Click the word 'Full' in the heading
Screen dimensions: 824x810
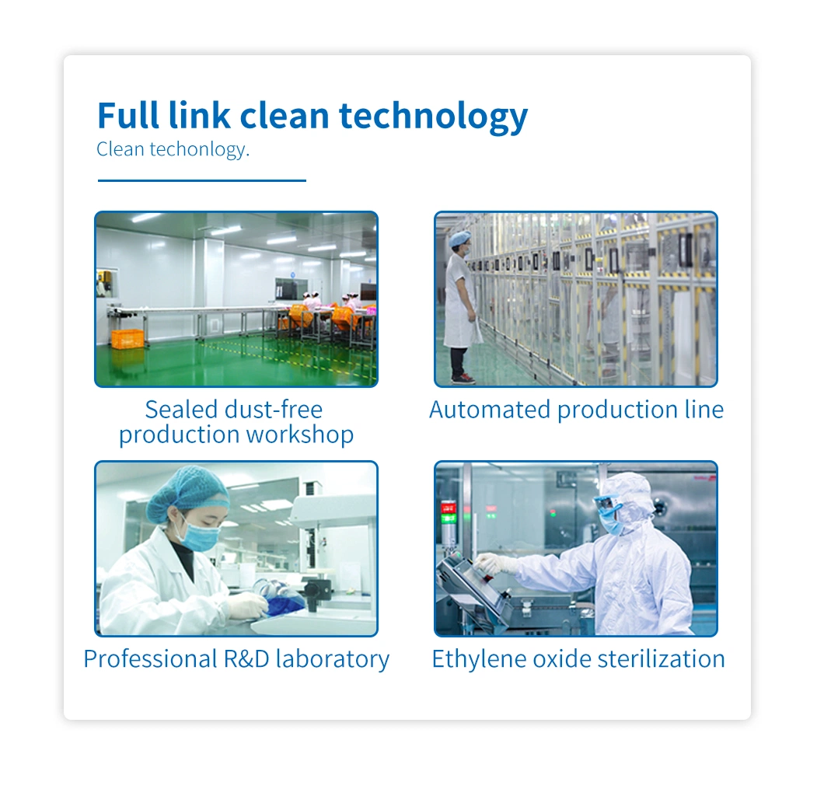[x=127, y=115]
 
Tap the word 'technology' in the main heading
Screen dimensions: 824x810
[x=434, y=117]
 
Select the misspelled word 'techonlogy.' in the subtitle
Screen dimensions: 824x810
[x=200, y=149]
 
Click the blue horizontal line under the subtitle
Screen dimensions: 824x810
[x=202, y=180]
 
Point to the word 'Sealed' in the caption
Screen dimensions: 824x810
[x=181, y=410]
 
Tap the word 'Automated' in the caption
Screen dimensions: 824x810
[x=490, y=410]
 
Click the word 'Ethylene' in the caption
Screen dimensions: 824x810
[x=479, y=659]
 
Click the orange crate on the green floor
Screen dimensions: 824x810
[x=127, y=339]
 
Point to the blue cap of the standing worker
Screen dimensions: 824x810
[x=460, y=238]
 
